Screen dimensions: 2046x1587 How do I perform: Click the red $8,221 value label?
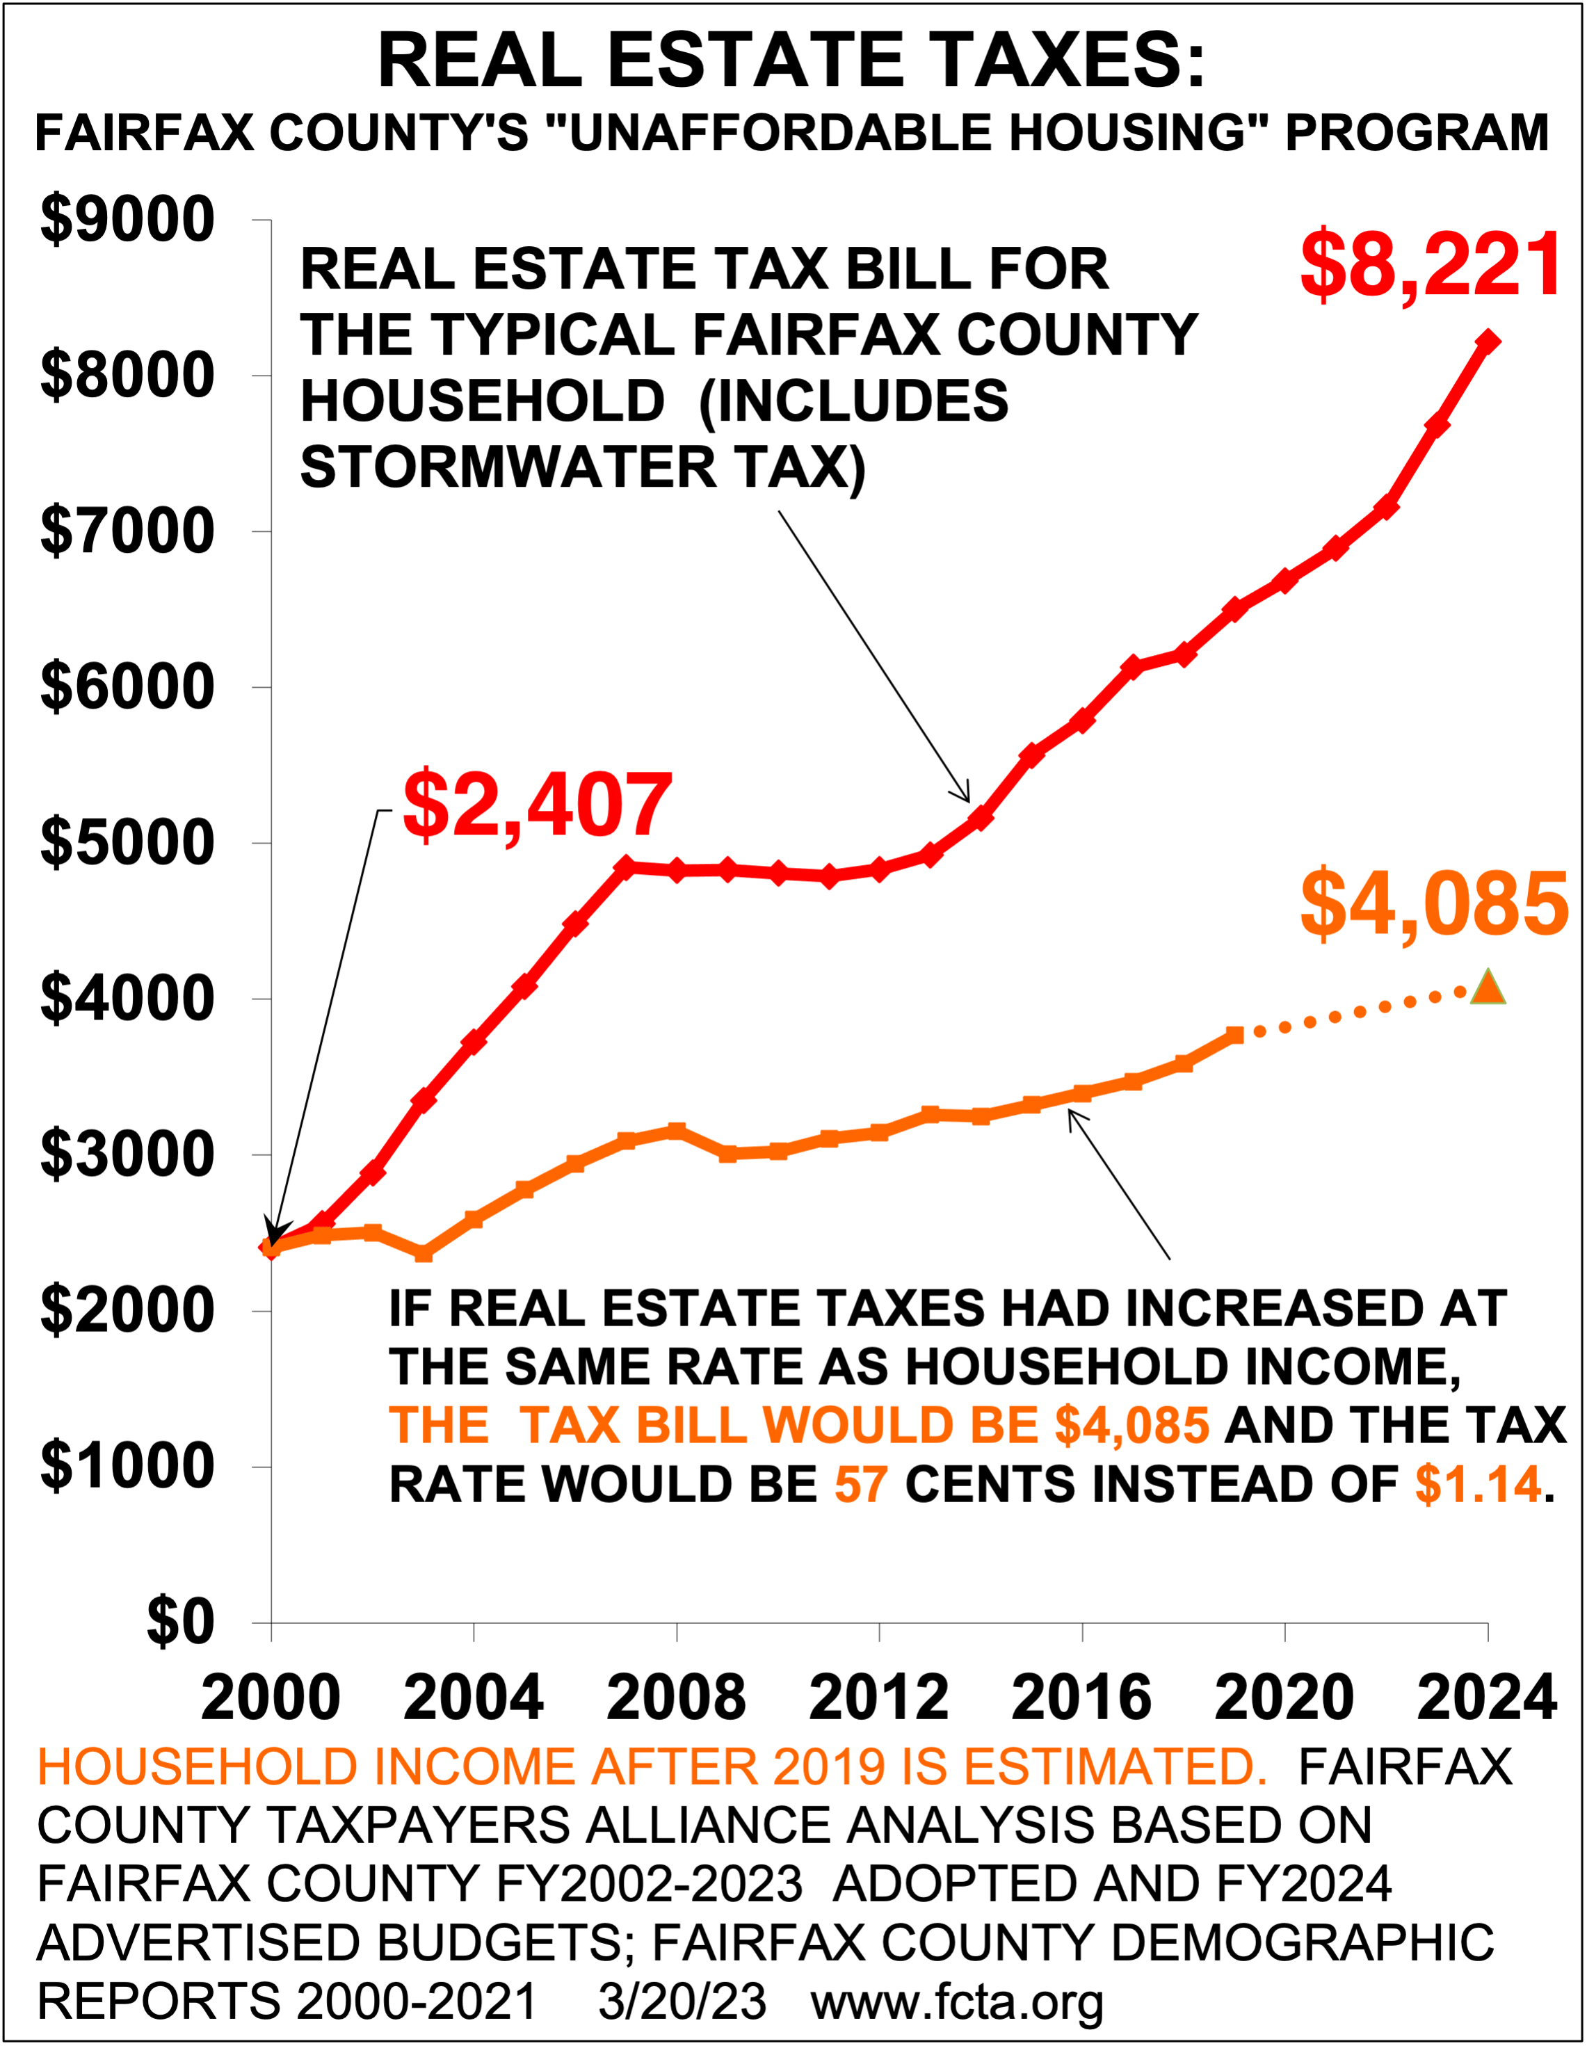tap(1431, 264)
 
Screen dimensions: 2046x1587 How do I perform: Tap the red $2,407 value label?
tap(538, 805)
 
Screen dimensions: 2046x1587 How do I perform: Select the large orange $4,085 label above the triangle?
tap(1433, 905)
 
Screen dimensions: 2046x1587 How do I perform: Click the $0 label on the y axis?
tap(181, 1622)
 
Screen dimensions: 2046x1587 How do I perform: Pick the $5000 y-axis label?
tap(127, 842)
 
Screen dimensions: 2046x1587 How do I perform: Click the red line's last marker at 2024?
tap(1488, 341)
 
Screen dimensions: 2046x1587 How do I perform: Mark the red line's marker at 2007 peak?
tap(626, 867)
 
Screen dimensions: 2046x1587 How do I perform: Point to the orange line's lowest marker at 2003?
tap(424, 1253)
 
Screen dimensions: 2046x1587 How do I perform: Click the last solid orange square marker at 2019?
tap(1234, 1034)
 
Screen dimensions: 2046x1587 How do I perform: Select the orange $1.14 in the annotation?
tap(1477, 1484)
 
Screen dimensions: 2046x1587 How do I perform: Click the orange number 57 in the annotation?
tap(861, 1484)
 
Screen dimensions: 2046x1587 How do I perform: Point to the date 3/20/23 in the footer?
tap(682, 2002)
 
